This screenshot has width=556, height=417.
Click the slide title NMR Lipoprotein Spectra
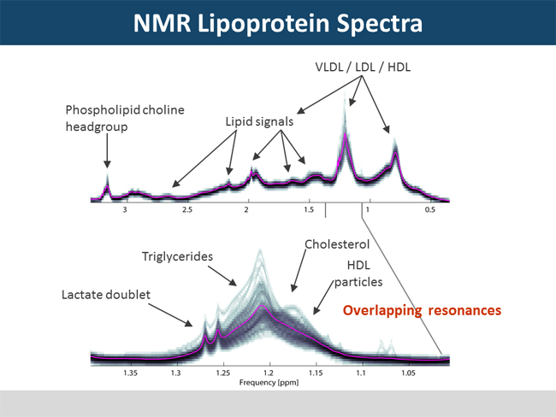[277, 23]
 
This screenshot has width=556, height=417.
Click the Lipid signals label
[259, 121]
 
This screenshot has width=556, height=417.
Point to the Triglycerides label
[177, 255]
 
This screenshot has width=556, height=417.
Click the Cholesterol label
[338, 244]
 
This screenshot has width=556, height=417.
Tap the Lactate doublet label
[105, 295]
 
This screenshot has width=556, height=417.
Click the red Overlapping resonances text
[422, 310]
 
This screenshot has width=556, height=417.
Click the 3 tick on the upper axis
[126, 209]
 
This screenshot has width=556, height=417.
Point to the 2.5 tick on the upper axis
[186, 209]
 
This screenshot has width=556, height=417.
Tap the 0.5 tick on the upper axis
[429, 209]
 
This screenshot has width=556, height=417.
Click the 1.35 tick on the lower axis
[130, 373]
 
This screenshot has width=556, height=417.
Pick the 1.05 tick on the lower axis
[408, 373]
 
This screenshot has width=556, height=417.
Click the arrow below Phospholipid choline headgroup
[107, 152]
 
